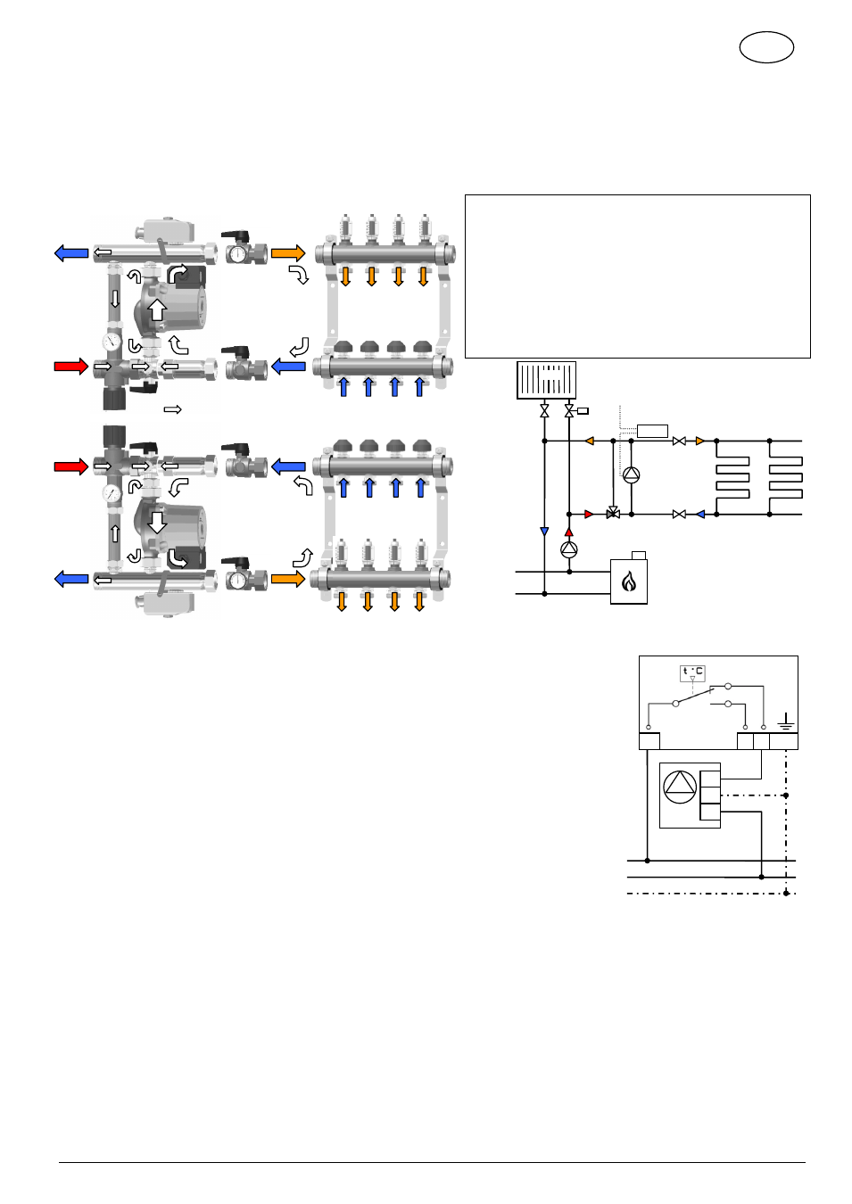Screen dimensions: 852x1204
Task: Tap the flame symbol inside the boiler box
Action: tap(628, 582)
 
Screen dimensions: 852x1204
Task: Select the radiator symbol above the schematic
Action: tap(546, 380)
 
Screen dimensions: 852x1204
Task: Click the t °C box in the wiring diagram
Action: tap(692, 672)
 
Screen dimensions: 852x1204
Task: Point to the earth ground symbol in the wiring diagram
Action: tap(786, 722)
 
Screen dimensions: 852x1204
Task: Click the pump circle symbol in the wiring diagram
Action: tap(680, 787)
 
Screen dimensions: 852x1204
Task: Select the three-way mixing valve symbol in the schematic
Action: tap(613, 512)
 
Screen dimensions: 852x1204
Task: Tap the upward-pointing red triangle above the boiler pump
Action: tap(568, 532)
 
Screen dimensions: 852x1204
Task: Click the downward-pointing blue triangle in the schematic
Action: tap(544, 532)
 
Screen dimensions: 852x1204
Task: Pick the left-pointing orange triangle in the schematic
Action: tap(589, 441)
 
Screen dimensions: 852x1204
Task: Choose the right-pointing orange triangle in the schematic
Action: tap(699, 441)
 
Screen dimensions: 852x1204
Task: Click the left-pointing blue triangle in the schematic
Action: tap(699, 515)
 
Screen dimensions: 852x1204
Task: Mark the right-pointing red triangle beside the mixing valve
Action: tap(589, 515)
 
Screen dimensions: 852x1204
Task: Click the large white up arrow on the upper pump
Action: tap(157, 309)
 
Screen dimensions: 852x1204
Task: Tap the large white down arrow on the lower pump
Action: tap(157, 522)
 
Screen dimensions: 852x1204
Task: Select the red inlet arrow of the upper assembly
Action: tap(71, 367)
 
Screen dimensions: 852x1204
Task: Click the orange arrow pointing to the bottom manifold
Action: tap(288, 579)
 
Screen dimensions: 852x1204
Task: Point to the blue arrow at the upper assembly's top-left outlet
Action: tap(71, 252)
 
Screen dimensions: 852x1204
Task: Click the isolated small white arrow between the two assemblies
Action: tap(172, 409)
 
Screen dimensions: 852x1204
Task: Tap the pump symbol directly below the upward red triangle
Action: tap(568, 549)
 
